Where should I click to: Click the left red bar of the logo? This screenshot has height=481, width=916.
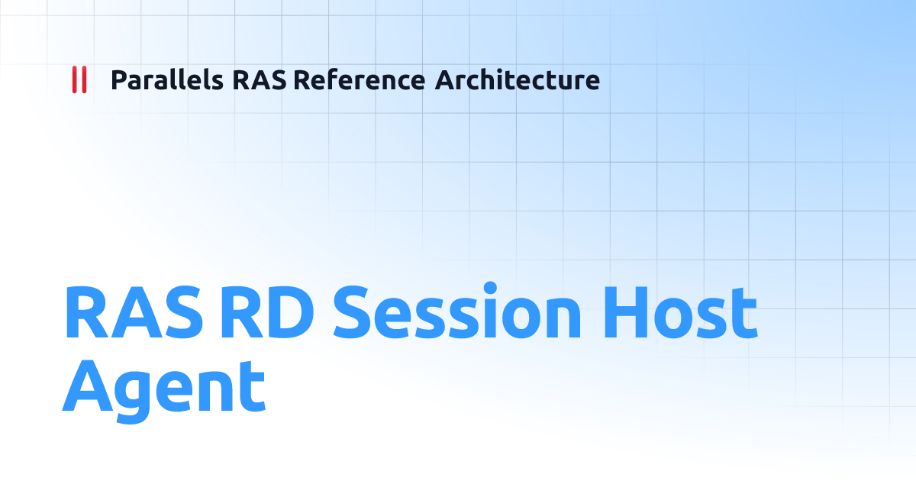pyautogui.click(x=74, y=79)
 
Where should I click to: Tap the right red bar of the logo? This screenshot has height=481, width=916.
pyautogui.click(x=84, y=79)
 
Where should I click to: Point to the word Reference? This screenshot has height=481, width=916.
pyautogui.click(x=358, y=79)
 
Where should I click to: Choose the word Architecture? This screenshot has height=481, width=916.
pyautogui.click(x=517, y=79)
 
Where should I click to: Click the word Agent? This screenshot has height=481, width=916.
pyautogui.click(x=163, y=387)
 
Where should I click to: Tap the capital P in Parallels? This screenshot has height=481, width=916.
pyautogui.click(x=118, y=79)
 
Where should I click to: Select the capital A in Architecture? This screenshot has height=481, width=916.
pyautogui.click(x=444, y=79)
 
